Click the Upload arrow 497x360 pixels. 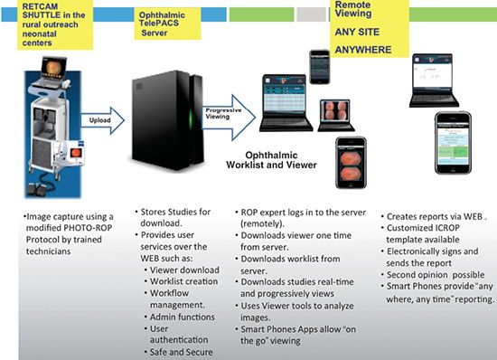click(x=103, y=120)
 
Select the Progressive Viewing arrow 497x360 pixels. click(x=229, y=118)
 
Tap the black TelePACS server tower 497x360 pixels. click(x=168, y=120)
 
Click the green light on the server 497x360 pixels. click(x=191, y=120)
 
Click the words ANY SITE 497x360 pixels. click(x=357, y=32)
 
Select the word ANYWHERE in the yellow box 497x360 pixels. click(x=363, y=50)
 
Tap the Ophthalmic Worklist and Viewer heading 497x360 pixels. click(x=272, y=160)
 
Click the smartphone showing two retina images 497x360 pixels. click(x=351, y=163)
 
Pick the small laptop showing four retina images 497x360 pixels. click(x=335, y=115)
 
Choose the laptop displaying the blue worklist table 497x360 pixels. click(x=286, y=103)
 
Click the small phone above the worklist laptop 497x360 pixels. click(x=320, y=67)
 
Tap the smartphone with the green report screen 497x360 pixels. click(x=453, y=143)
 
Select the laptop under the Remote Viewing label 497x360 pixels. click(x=433, y=81)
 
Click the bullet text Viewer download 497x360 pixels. click(x=184, y=270)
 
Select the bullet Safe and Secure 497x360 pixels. click(x=182, y=352)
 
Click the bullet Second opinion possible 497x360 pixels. click(x=436, y=275)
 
